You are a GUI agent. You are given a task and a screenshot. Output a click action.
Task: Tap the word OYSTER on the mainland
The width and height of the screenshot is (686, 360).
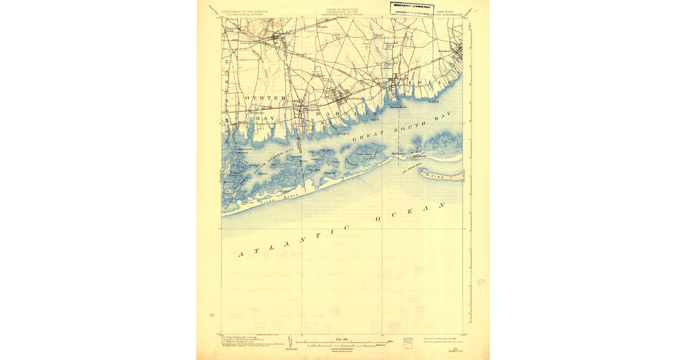coord(265,98)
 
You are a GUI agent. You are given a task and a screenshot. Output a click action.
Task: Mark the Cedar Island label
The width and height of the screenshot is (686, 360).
coord(365,153)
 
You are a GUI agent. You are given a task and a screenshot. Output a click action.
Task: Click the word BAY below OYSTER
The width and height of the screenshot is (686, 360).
coord(265,118)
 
